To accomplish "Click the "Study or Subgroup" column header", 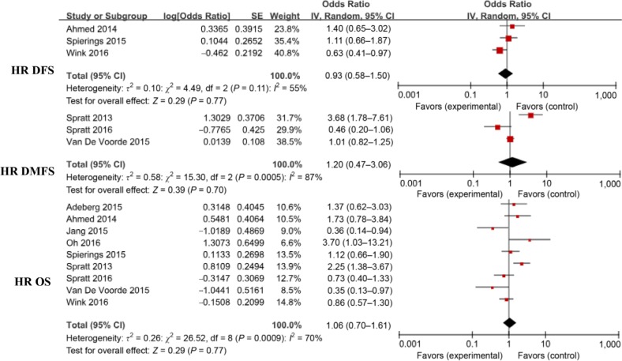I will click(99, 15).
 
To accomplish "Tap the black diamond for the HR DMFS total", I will click(510, 162).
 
